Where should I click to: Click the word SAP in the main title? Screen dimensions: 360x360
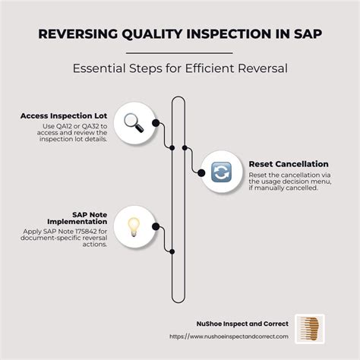(308, 36)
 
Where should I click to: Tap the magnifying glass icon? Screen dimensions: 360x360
(134, 122)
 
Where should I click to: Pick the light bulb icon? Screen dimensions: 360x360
(134, 225)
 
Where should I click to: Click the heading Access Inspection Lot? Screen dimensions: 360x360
(64, 116)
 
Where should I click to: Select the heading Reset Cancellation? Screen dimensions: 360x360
(288, 164)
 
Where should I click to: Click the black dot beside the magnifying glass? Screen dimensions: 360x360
(155, 122)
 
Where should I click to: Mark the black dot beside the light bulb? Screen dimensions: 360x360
(155, 226)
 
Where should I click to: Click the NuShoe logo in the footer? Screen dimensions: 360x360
(309, 328)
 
